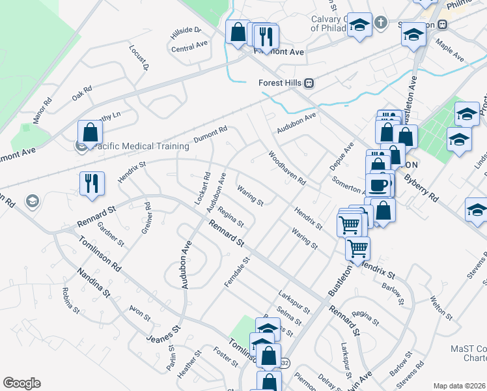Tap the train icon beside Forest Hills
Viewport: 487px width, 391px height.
(311, 83)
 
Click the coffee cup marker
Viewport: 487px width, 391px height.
(378, 184)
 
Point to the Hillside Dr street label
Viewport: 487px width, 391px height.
(186, 31)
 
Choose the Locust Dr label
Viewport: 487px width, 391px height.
(139, 58)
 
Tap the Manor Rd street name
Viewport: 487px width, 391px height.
(42, 111)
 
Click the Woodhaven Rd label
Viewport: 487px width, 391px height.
(286, 168)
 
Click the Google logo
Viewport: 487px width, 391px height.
(21, 383)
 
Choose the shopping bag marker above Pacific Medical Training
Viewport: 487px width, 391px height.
(90, 132)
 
